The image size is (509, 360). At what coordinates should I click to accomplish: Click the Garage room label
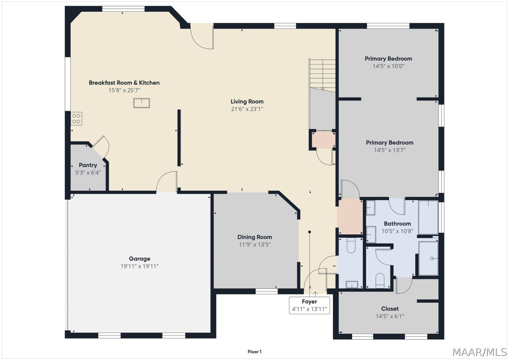pyautogui.click(x=139, y=259)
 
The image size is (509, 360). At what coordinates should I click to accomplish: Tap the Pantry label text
pyautogui.click(x=88, y=165)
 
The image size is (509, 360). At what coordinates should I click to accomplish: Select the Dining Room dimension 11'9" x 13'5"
pyautogui.click(x=255, y=245)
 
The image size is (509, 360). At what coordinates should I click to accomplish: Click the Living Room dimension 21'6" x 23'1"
pyautogui.click(x=247, y=109)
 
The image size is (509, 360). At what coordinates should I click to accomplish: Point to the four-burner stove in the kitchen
pyautogui.click(x=76, y=119)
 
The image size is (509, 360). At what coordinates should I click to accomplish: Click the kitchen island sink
pyautogui.click(x=141, y=103)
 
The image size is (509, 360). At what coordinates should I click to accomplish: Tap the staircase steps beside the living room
pyautogui.click(x=322, y=75)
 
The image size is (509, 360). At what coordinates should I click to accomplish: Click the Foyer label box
pyautogui.click(x=309, y=305)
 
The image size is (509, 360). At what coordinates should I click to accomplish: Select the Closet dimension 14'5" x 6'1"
pyautogui.click(x=390, y=316)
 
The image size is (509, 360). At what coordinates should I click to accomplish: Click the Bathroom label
pyautogui.click(x=397, y=224)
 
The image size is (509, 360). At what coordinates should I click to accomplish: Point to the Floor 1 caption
pyautogui.click(x=255, y=352)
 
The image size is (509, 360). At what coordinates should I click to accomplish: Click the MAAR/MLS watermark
pyautogui.click(x=479, y=352)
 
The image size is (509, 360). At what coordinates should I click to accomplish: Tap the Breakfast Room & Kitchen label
pyautogui.click(x=124, y=83)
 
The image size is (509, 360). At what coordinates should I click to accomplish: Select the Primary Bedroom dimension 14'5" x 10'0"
pyautogui.click(x=389, y=66)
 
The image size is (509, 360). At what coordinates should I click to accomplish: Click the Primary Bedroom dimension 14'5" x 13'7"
pyautogui.click(x=390, y=150)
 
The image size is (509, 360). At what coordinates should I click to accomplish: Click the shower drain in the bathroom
pyautogui.click(x=431, y=259)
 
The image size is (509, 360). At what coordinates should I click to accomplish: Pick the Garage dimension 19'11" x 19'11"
pyautogui.click(x=139, y=266)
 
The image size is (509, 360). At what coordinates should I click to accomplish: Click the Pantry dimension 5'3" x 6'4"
pyautogui.click(x=88, y=173)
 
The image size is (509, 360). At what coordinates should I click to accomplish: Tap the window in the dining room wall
pyautogui.click(x=266, y=291)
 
